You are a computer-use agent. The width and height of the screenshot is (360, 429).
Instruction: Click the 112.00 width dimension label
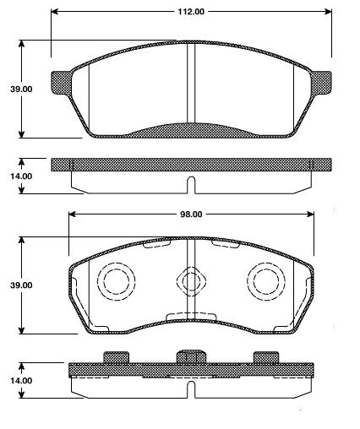click(x=191, y=11)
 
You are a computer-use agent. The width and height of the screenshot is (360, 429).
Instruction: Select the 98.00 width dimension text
click(x=191, y=214)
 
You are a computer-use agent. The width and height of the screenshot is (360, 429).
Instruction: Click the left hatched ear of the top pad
click(x=62, y=82)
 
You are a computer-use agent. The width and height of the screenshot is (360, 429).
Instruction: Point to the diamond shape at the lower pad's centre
click(x=191, y=281)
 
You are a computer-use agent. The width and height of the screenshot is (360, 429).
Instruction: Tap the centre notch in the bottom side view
click(x=191, y=389)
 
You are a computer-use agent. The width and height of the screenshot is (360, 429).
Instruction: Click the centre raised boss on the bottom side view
click(x=191, y=355)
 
